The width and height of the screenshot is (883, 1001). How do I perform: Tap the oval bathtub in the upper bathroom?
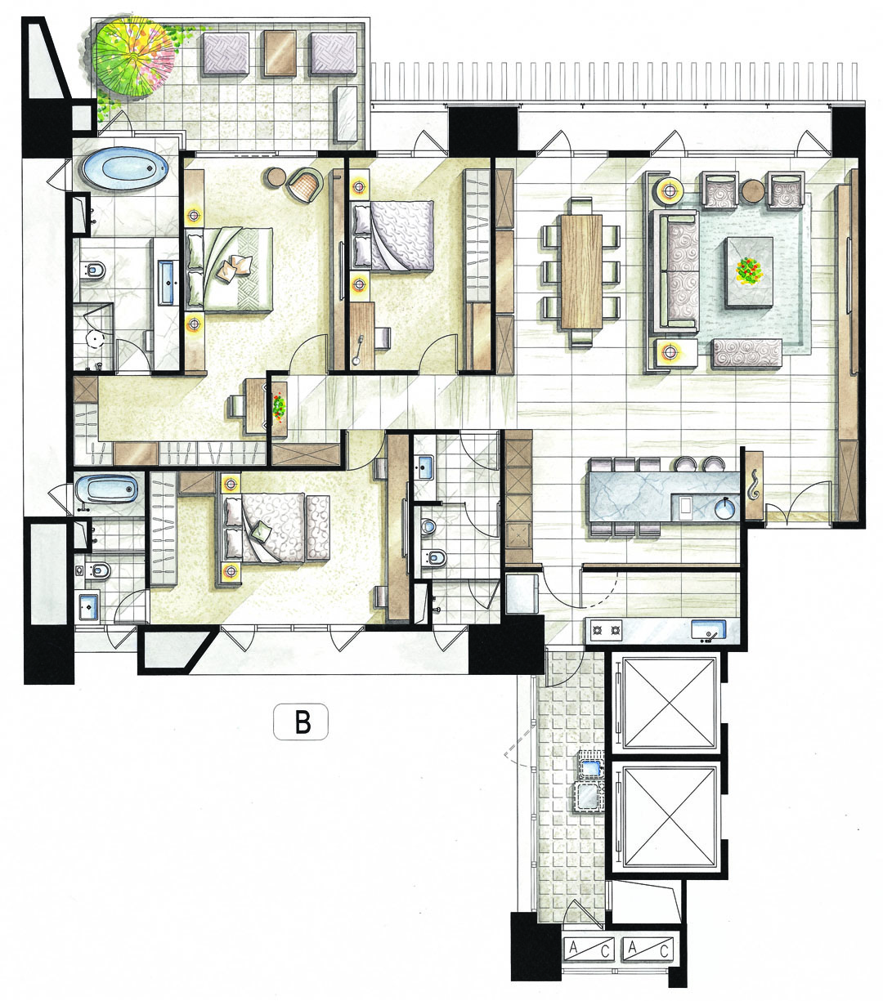click(x=125, y=169)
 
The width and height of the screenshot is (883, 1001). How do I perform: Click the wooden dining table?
click(x=581, y=272)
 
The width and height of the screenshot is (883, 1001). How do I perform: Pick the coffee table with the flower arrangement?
click(x=750, y=273)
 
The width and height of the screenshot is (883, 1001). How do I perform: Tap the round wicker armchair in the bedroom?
click(x=305, y=185)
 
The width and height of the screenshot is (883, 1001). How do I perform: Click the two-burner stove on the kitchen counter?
click(x=605, y=631)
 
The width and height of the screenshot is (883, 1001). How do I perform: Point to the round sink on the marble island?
click(x=726, y=508)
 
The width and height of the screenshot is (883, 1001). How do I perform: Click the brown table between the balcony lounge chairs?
click(x=280, y=53)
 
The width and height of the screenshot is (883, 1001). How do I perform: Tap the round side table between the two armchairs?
click(x=752, y=191)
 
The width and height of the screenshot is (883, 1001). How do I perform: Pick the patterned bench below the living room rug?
click(x=746, y=353)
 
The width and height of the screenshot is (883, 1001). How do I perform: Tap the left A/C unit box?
click(x=589, y=950)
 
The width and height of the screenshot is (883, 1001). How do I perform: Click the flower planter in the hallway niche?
click(x=280, y=409)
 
